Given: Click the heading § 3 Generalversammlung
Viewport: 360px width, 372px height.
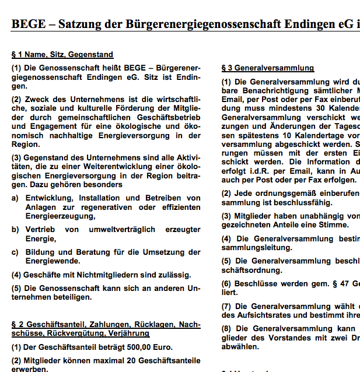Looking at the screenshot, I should [268, 68].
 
